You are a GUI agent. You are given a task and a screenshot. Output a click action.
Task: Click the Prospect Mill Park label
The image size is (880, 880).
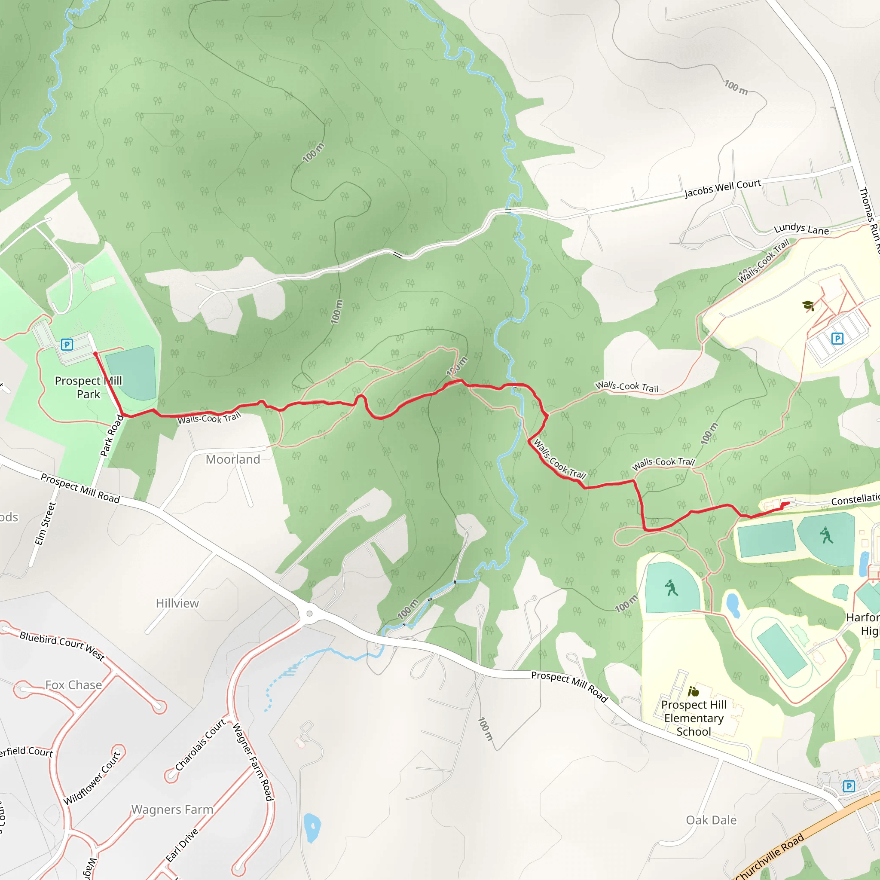coord(89,387)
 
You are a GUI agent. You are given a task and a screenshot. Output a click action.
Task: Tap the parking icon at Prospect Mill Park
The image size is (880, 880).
coord(67,344)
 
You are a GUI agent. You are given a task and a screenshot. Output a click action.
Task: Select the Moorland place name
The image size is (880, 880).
coord(233,459)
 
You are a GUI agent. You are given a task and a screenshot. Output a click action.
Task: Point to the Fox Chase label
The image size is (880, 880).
coord(73,684)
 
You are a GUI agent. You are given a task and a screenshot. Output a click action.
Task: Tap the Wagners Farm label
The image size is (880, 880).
coord(172,810)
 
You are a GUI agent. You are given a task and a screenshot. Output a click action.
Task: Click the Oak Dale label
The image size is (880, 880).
coord(711,820)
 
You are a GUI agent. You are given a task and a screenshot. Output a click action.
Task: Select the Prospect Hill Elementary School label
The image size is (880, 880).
coord(693,718)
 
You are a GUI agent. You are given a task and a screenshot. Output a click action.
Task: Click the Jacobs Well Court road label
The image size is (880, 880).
coord(722,188)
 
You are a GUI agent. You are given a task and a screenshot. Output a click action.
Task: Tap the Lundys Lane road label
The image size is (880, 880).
coord(801,229)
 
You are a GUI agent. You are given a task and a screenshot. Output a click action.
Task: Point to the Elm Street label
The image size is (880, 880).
coord(45,523)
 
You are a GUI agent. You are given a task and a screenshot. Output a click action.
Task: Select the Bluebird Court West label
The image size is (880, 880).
coord(62,645)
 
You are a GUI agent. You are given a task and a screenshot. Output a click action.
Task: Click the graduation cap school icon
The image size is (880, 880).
coord(808,305)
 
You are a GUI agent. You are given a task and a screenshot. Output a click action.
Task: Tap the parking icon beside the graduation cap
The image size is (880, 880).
coord(837,338)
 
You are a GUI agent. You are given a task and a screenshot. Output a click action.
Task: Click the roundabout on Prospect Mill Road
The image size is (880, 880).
coord(309,614)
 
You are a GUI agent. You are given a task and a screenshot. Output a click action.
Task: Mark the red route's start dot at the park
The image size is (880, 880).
coord(95,354)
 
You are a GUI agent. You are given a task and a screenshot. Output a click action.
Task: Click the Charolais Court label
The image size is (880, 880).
coord(200,745)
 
